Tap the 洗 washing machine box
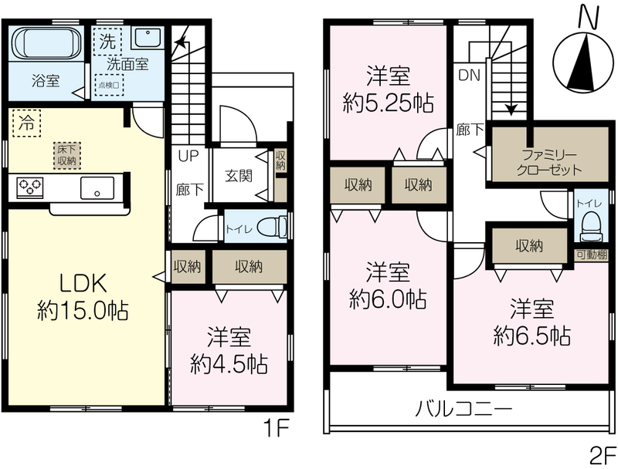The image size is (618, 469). (x=107, y=41)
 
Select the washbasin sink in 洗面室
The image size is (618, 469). (x=147, y=37)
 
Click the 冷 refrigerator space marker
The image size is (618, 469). (x=26, y=123)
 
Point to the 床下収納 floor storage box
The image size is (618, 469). (x=67, y=155)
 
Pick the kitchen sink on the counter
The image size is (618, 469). (x=97, y=187)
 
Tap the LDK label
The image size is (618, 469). (x=83, y=284)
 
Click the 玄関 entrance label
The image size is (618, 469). (x=239, y=176)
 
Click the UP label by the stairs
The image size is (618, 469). (x=188, y=156)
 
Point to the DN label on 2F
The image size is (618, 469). (x=470, y=75)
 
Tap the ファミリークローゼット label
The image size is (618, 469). (x=548, y=163)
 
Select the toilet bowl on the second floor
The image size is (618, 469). (x=591, y=227)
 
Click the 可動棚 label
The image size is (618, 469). (x=591, y=255)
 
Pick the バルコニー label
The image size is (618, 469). (x=464, y=409)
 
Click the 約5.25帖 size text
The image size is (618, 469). (x=389, y=103)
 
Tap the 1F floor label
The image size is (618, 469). (x=277, y=428)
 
